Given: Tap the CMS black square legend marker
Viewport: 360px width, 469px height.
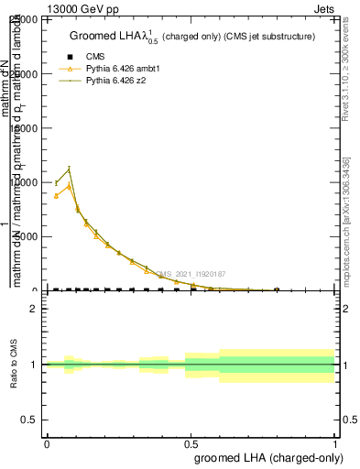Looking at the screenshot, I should click(67, 56).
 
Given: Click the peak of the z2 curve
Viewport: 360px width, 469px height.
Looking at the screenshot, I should click(69, 169).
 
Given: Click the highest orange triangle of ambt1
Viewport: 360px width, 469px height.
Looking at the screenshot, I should click(69, 186).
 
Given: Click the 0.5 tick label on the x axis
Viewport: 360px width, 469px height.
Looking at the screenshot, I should click(191, 444).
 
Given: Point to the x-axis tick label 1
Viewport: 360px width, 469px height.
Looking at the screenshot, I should click(335, 444).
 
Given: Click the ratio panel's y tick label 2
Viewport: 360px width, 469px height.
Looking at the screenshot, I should click(34, 310).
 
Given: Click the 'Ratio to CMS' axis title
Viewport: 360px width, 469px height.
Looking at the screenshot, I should click(15, 365).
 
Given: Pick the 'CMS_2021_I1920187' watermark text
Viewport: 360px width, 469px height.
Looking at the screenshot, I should click(191, 273).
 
